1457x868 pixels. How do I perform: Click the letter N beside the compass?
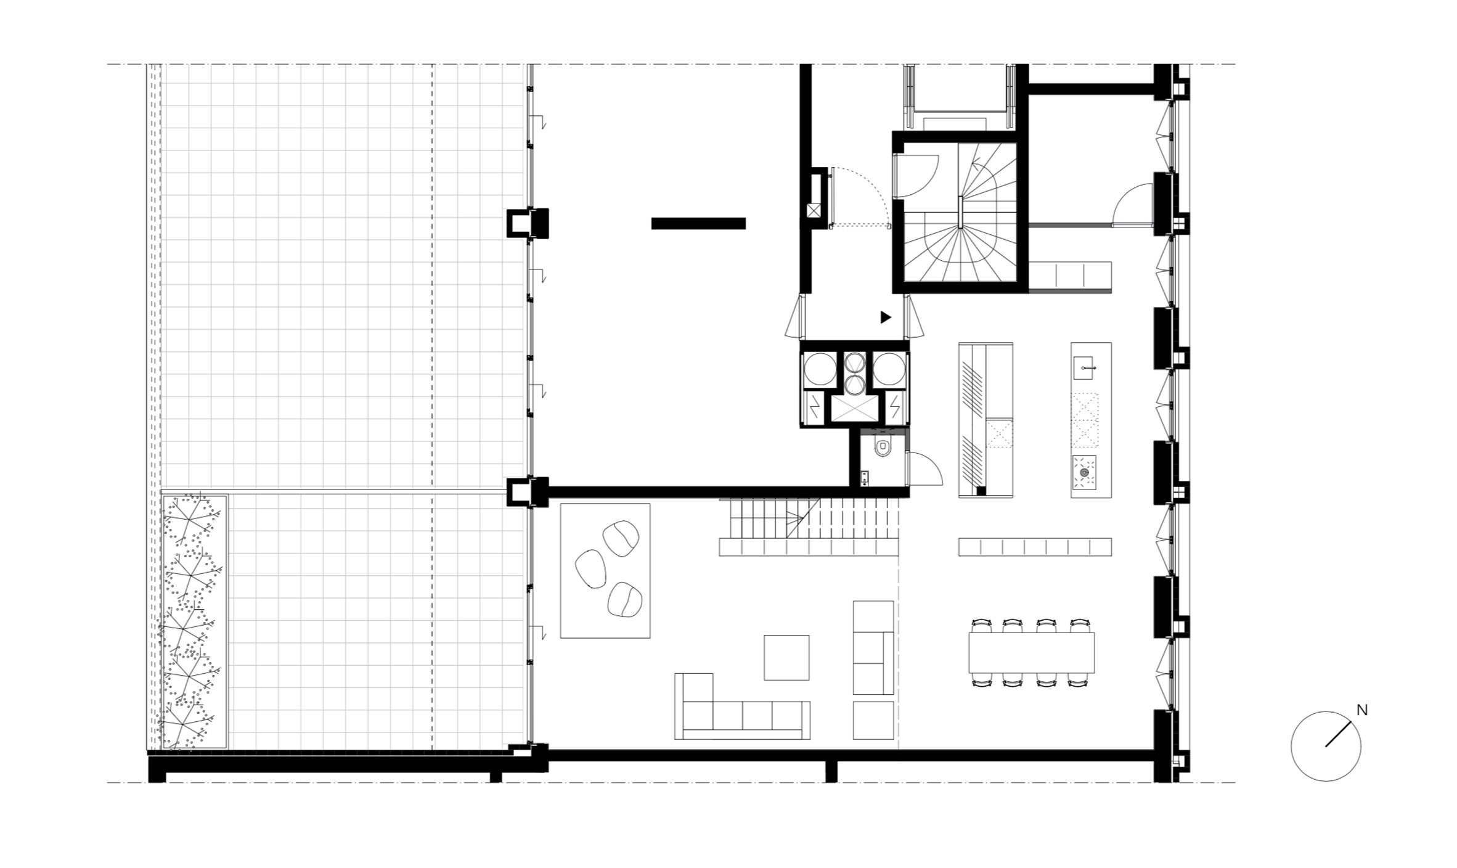[1362, 710]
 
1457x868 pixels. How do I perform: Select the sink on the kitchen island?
[1086, 367]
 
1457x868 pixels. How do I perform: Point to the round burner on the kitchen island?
[1084, 473]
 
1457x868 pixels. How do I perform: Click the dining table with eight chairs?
[1032, 653]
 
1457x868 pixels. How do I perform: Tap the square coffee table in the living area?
[786, 658]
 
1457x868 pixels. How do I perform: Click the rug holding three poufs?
[605, 571]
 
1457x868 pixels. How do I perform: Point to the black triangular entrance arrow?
[886, 317]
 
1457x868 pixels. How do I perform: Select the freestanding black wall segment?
[698, 223]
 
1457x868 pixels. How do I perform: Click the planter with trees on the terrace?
[194, 622]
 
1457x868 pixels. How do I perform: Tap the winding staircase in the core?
[960, 212]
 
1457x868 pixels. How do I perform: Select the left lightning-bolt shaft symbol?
[815, 407]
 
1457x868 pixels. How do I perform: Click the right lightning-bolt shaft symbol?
[894, 407]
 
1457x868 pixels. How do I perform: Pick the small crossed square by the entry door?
[814, 211]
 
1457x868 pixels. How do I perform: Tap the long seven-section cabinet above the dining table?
[1035, 547]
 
